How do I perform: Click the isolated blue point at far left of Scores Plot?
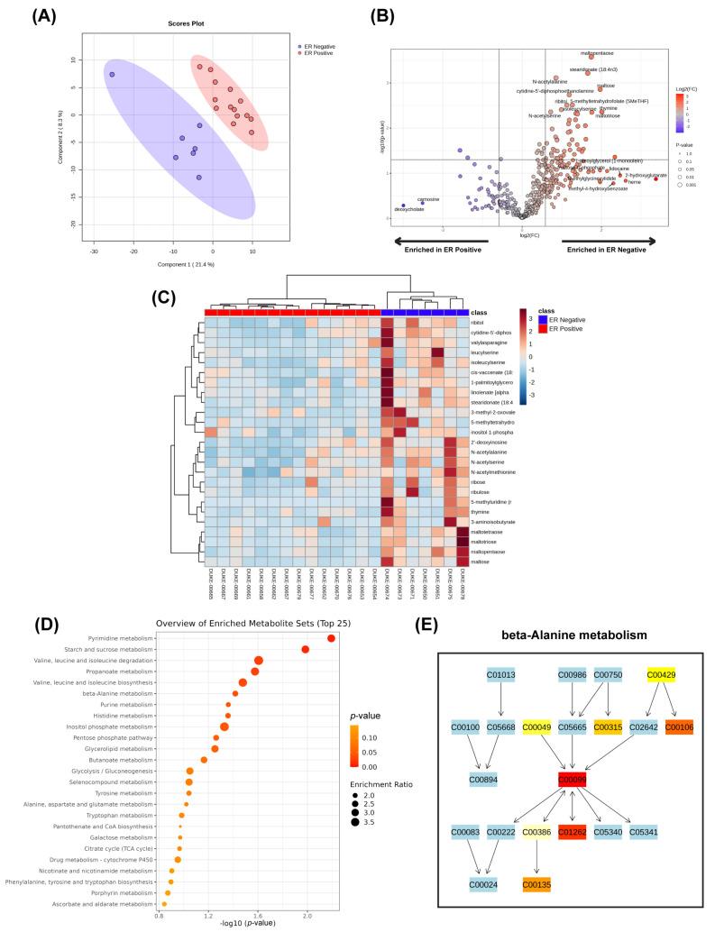pyautogui.click(x=112, y=75)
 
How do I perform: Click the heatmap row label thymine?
pyautogui.click(x=479, y=511)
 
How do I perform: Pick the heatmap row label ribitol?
pyautogui.click(x=476, y=322)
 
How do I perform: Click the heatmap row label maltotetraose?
pyautogui.click(x=487, y=532)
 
